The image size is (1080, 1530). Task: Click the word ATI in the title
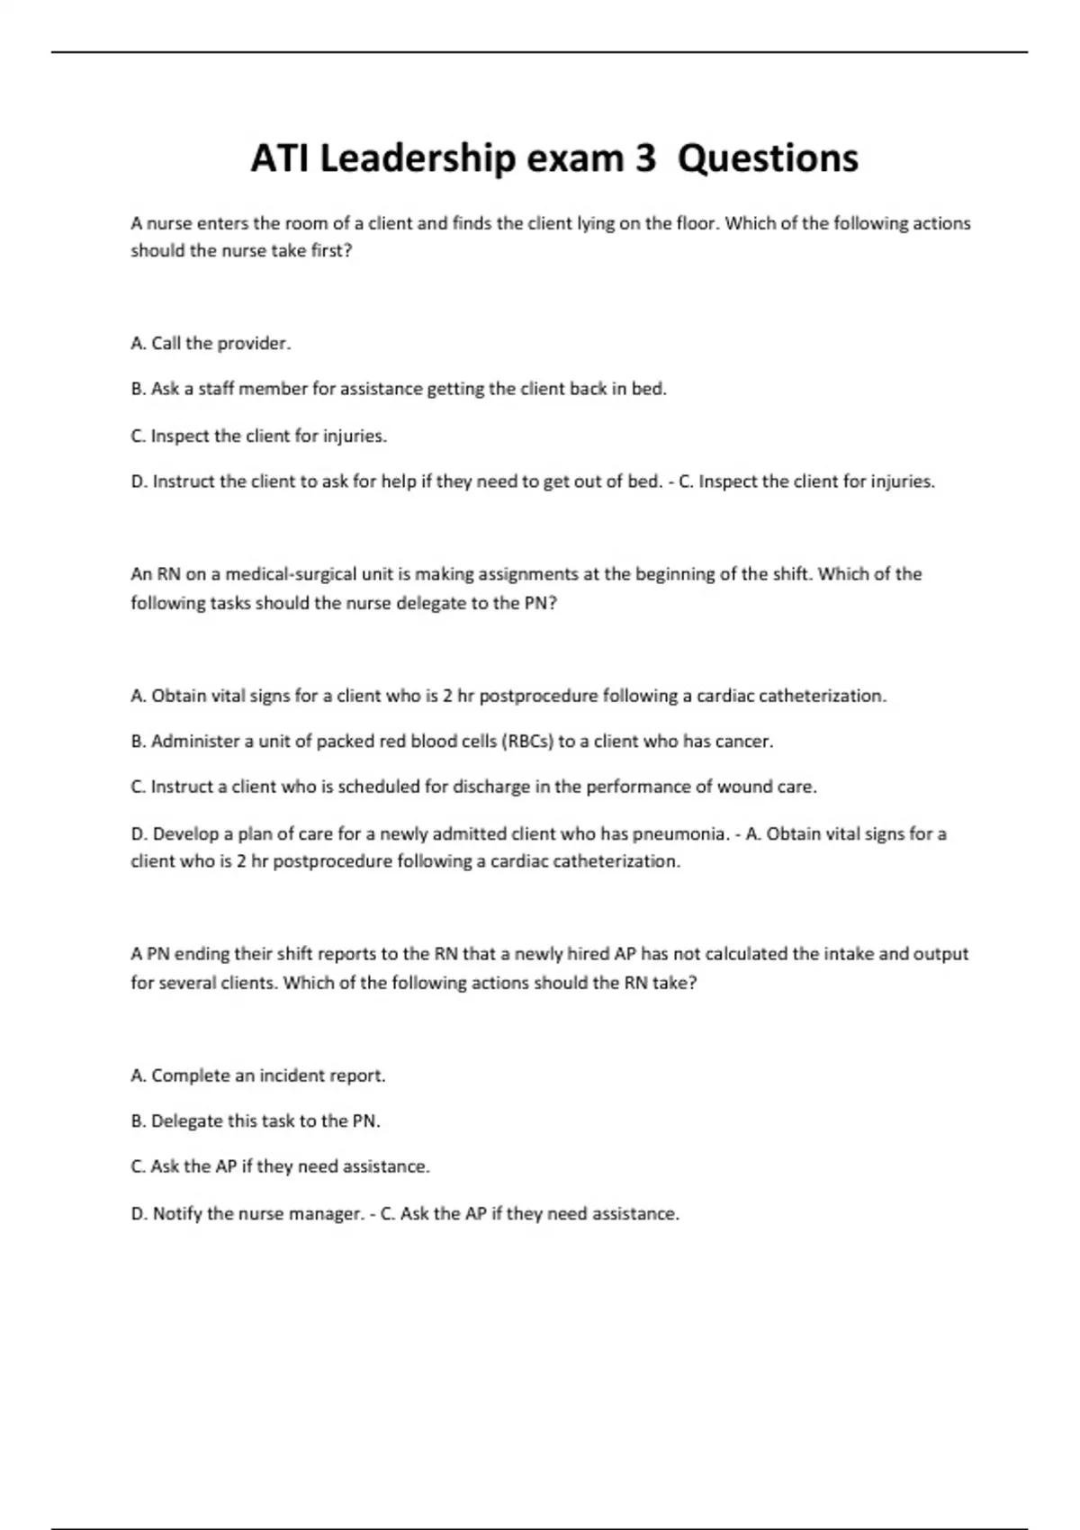pos(280,158)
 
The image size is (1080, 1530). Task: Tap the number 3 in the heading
pos(645,158)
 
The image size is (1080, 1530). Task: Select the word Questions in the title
pos(768,158)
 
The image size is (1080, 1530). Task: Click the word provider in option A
pos(254,343)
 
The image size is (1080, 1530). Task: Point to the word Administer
pos(195,742)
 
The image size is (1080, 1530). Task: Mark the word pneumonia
pos(682,834)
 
